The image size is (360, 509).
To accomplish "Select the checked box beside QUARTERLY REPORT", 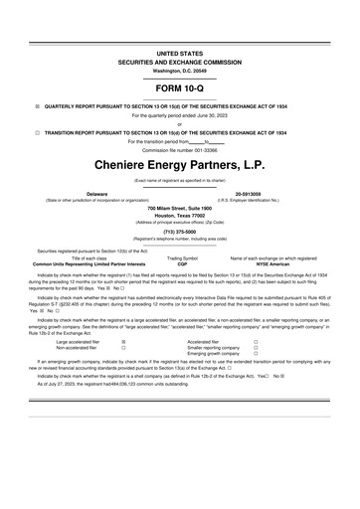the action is pos(38,104).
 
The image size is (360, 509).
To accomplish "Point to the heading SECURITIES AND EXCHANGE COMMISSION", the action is pos(180,58).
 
